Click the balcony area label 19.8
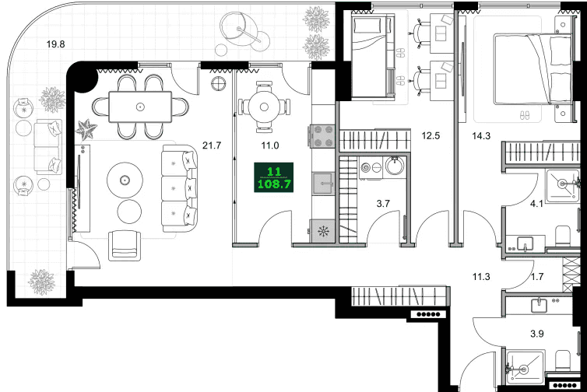[x=55, y=44]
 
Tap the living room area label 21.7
[x=212, y=145]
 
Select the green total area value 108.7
[x=274, y=184]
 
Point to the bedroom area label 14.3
[x=481, y=136]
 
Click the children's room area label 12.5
[x=431, y=135]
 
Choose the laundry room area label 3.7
[x=383, y=204]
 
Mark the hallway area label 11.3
[x=481, y=277]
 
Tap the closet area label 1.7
[x=537, y=277]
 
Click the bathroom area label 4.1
[x=536, y=204]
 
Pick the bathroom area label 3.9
[x=537, y=333]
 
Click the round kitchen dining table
[x=264, y=107]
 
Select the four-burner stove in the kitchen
[x=323, y=137]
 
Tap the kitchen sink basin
[x=323, y=184]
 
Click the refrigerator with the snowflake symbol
[x=322, y=232]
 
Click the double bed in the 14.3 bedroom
[x=533, y=69]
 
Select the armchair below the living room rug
[x=125, y=245]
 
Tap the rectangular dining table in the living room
[x=140, y=107]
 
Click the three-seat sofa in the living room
[x=179, y=188]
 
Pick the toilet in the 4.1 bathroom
[x=562, y=236]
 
